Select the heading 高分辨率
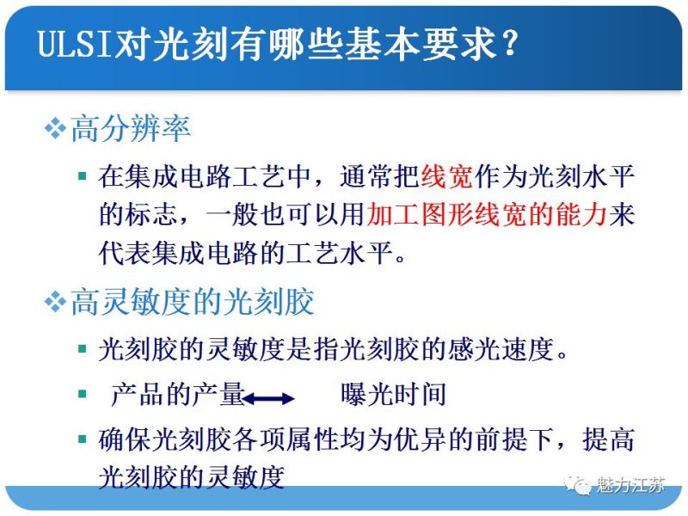click(x=131, y=129)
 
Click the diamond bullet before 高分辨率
click(x=56, y=129)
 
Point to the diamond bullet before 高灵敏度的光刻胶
click(x=56, y=303)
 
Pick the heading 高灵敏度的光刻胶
click(x=193, y=303)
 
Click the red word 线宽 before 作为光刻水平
click(x=447, y=178)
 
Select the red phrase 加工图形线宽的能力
click(x=487, y=214)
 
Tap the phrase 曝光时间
click(x=394, y=395)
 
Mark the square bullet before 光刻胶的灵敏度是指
click(x=82, y=348)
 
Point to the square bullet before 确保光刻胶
click(x=82, y=439)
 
